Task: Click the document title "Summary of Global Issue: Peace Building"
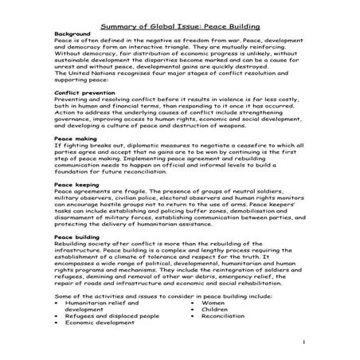[x=179, y=25]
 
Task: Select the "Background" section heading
[x=72, y=34]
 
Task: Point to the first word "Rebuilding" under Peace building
[x=70, y=244]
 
